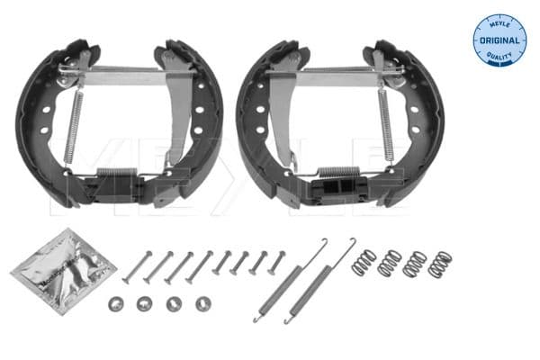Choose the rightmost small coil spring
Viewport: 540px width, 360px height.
point(440,265)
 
